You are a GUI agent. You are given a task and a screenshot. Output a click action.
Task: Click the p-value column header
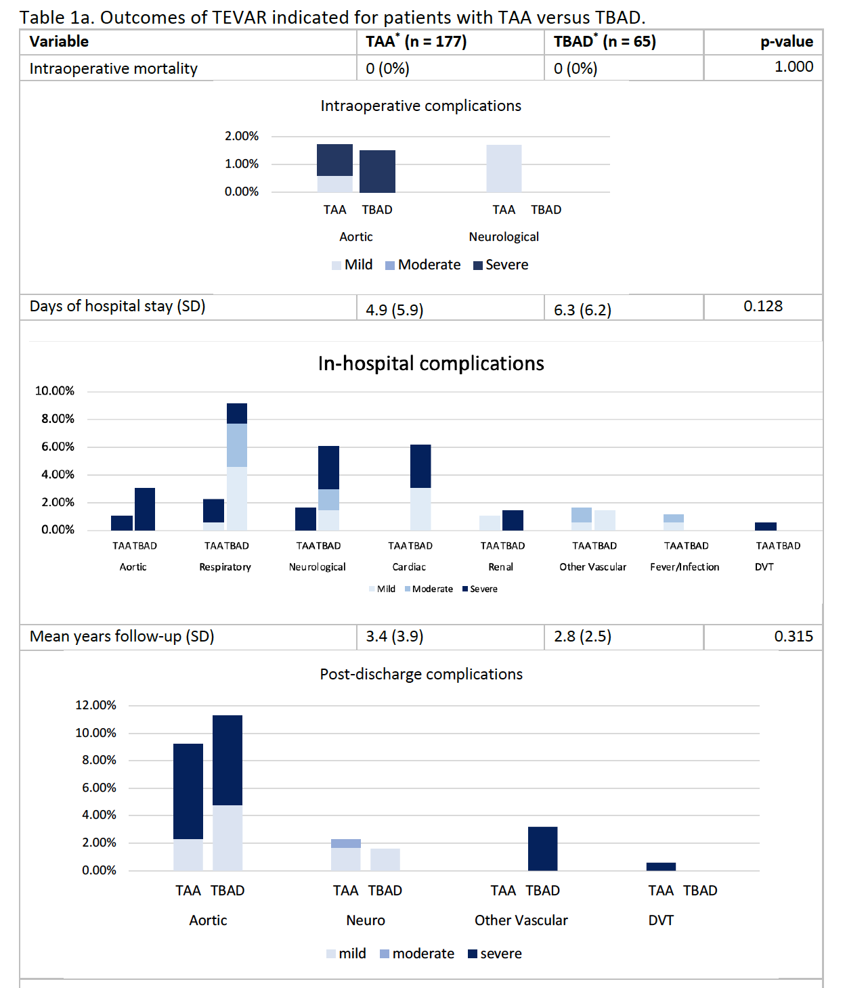coord(787,42)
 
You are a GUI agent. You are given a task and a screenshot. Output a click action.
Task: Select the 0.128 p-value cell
coord(763,306)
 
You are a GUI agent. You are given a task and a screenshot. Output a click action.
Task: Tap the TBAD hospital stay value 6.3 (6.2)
coord(582,310)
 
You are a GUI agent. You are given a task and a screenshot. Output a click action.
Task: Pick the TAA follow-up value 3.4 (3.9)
coord(395,636)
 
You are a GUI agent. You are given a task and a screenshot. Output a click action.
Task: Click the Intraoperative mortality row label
coord(113,69)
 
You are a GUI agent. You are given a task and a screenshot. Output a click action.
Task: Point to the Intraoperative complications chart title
coord(421,106)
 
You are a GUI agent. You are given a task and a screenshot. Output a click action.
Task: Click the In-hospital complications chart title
coord(431,363)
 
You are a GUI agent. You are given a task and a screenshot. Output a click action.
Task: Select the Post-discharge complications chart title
coord(421,674)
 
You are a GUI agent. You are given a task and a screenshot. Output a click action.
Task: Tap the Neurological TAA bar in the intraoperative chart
coord(504,169)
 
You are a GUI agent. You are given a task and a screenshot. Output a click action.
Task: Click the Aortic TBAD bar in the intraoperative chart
coord(377,171)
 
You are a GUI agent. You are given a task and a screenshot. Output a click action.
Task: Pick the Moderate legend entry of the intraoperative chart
coord(422,265)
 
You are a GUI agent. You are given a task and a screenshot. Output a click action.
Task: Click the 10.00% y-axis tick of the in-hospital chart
coord(55,391)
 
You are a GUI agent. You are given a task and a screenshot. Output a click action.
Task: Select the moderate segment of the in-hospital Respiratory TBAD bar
coord(237,445)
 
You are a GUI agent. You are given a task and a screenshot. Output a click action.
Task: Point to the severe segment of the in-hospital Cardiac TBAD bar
coord(420,466)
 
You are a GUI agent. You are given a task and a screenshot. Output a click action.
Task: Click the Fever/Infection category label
coord(685,567)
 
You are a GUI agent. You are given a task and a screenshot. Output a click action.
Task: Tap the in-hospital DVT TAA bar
coord(766,526)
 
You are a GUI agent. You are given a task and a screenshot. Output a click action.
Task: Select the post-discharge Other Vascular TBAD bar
coord(542,849)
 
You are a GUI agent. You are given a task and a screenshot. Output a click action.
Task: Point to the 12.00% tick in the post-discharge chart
coord(95,705)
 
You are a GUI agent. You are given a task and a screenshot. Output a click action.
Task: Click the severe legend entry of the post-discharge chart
coord(494,953)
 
